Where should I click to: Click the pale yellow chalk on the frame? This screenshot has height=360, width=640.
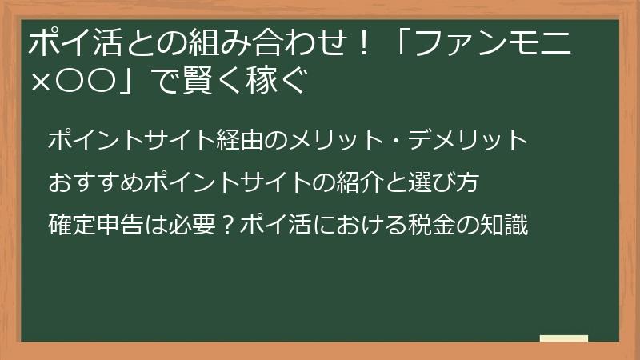(x=563, y=338)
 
